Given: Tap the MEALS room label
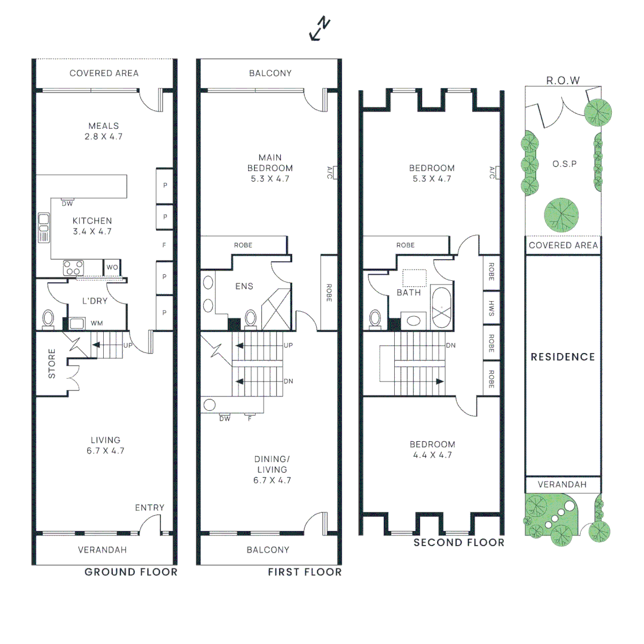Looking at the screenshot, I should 104,126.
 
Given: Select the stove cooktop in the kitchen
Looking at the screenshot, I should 73,268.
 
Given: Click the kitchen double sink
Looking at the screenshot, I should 44,228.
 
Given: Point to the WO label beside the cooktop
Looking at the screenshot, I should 112,267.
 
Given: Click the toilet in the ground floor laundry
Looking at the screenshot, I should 48,318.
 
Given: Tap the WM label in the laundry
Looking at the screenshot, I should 96,323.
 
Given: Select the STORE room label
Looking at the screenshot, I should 52,367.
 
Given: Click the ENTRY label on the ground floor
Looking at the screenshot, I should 149,507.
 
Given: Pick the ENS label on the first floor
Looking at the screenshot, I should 244,286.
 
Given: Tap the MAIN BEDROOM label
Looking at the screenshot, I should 270,168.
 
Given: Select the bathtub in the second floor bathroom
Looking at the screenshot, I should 442,308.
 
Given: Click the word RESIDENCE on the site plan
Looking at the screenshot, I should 563,357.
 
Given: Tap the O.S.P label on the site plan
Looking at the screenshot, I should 564,163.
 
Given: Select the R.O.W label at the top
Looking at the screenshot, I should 563,80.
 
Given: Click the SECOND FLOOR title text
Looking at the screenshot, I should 459,542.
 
